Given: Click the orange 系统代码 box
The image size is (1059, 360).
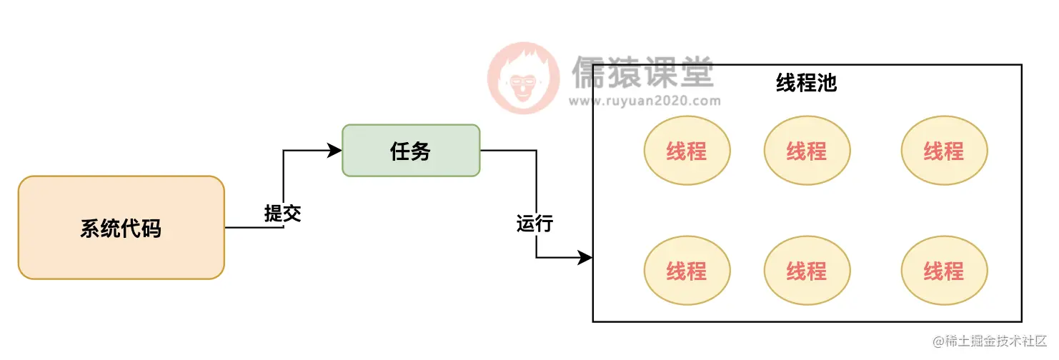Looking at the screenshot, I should point(121,228).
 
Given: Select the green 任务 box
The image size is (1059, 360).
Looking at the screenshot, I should point(411,151).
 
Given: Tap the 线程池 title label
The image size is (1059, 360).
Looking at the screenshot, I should point(806,84).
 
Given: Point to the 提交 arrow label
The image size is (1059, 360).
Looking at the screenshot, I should point(282,213).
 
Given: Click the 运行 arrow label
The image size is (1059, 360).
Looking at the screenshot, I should point(535,224).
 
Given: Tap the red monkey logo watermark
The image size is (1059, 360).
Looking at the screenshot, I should point(524,78).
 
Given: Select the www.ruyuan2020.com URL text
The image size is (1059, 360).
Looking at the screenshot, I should point(645,101).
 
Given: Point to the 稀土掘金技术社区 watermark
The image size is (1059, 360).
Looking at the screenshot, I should point(990,341).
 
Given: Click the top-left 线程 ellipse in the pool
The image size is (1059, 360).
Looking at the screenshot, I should point(687,151).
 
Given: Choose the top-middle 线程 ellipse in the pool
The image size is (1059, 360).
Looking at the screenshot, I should point(807,151).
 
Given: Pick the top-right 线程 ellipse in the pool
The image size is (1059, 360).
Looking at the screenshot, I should point(944,151).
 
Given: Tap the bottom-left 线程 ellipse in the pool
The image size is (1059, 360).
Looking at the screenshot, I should point(687,271).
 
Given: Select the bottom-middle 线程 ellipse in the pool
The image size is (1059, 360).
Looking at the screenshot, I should point(807,271).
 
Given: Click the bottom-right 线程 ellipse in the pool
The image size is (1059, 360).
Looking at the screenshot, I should point(944,271).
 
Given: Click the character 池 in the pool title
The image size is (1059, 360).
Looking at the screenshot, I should point(826,84).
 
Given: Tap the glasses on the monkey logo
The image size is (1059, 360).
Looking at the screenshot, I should point(523,81).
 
